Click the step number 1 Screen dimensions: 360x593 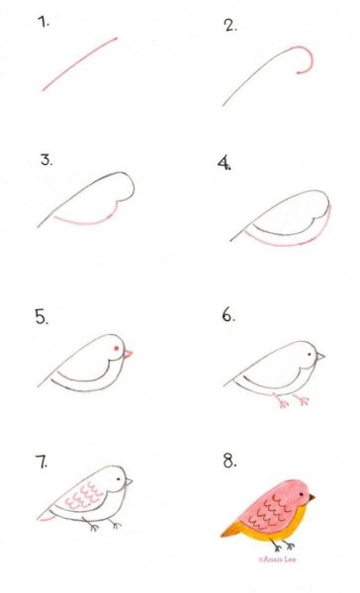tap(44, 22)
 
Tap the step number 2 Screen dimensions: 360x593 tap(230, 26)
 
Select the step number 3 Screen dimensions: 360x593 tap(46, 159)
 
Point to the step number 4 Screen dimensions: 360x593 tap(225, 163)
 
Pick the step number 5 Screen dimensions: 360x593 tap(42, 317)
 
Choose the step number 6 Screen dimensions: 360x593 tap(228, 315)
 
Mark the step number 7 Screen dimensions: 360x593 tap(44, 463)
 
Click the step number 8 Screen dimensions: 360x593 tap(229, 462)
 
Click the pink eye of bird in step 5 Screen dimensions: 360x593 tap(117, 348)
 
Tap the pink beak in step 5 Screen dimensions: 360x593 tap(128, 354)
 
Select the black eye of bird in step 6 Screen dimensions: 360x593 tap(310, 355)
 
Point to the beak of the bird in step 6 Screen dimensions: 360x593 tap(320, 356)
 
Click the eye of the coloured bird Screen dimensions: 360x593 tap(302, 494)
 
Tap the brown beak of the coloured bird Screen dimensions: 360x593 tap(312, 498)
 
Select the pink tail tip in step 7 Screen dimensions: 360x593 tap(46, 518)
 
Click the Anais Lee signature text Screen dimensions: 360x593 tap(277, 559)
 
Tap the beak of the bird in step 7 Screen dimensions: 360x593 tap(129, 481)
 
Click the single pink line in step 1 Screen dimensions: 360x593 tap(79, 63)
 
